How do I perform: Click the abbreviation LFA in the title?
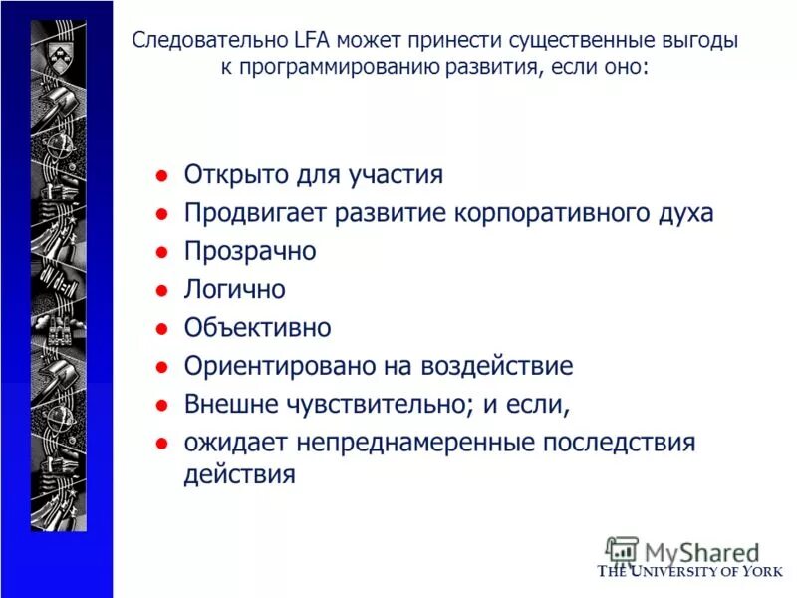[x=311, y=42]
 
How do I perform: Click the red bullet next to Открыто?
[x=159, y=176]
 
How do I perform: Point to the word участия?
[x=396, y=175]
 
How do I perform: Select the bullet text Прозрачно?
[x=249, y=251]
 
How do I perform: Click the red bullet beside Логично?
[x=159, y=291]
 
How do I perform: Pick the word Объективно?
[x=257, y=327]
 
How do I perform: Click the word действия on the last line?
[x=239, y=474]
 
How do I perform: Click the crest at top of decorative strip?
[x=58, y=42]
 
